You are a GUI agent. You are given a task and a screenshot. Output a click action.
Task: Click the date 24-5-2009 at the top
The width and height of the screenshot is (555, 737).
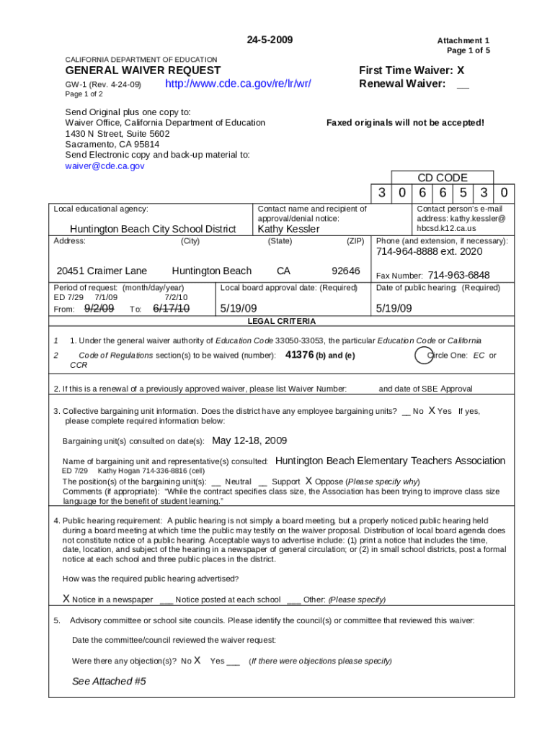pos(270,40)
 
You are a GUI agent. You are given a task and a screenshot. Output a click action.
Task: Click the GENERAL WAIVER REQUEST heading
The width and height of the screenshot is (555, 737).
pos(143,71)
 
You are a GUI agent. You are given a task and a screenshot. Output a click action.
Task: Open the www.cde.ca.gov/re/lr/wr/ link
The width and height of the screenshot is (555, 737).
pos(238,84)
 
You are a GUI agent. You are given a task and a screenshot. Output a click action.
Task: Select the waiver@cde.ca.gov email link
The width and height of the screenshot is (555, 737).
pos(105,166)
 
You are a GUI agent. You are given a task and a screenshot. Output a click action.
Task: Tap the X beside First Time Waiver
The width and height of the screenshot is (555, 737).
pos(461,71)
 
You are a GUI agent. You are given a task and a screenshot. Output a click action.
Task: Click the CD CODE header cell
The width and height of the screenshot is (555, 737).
pos(443,177)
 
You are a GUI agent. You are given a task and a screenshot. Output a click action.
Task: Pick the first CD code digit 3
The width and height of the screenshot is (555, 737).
pos(382,193)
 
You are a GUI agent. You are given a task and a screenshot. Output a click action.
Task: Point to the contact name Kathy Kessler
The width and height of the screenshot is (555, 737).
pos(288,229)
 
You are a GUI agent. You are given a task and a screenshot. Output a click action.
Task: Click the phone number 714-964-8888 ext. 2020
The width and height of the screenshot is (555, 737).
pos(430,252)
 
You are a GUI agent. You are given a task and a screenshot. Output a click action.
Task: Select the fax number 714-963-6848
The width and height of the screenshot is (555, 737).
pos(458,275)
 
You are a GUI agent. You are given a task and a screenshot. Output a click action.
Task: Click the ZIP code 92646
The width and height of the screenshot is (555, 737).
pos(345,271)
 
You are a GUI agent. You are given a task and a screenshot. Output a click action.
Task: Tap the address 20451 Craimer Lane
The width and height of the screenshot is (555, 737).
pos(102,271)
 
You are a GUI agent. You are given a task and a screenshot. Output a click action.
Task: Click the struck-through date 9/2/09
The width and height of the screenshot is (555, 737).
pos(99,308)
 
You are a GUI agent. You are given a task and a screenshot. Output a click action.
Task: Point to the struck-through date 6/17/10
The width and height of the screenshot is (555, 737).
pos(171,308)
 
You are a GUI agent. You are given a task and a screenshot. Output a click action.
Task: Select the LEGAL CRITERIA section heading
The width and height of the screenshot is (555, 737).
pos(281,321)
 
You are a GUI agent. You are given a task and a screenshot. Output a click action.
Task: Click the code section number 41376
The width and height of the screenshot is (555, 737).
pos(300,355)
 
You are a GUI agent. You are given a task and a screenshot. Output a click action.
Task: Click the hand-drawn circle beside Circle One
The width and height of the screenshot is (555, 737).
pos(425,355)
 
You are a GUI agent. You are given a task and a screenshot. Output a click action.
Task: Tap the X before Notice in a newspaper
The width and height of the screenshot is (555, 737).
pos(66,599)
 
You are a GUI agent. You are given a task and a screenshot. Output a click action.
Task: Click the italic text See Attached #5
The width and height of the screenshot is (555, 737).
pos(109,681)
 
